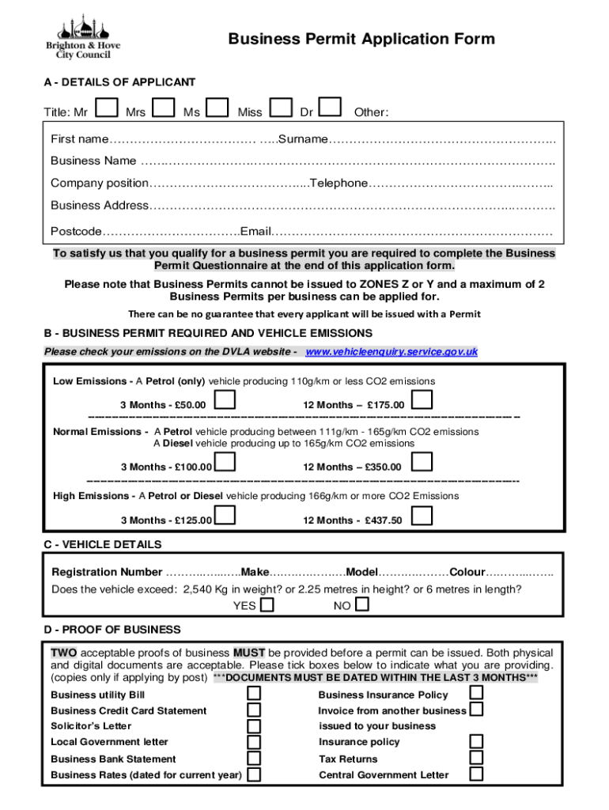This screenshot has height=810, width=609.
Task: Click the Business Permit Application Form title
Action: tap(361, 40)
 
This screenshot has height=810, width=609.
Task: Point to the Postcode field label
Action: tap(76, 232)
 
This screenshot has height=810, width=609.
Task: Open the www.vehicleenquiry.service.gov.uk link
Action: tap(391, 351)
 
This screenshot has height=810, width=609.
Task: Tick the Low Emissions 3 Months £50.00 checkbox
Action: tap(225, 401)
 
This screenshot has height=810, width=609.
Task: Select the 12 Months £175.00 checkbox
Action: tap(422, 400)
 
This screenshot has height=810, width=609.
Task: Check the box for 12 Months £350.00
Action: tap(422, 462)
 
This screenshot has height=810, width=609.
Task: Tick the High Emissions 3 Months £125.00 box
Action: tap(225, 516)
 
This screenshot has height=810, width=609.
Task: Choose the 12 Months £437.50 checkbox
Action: tap(422, 516)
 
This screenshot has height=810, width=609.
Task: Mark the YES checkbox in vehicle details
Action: tap(267, 605)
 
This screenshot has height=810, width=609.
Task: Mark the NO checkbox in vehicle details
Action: tap(361, 604)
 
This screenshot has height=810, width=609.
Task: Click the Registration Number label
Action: tap(107, 572)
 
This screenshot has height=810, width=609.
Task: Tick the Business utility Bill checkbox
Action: tap(254, 694)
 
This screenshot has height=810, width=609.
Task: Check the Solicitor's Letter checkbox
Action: tap(254, 725)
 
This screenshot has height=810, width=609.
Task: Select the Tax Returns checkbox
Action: tap(476, 758)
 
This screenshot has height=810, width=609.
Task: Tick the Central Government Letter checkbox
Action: tap(476, 774)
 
